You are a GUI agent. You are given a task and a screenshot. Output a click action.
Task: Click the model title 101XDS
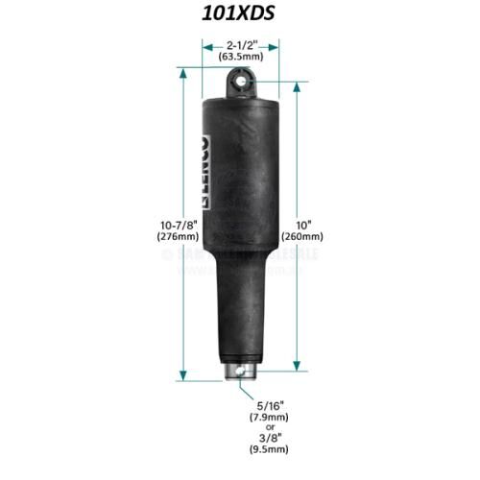[240, 15]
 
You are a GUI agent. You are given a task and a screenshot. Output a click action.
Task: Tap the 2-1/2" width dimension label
[240, 44]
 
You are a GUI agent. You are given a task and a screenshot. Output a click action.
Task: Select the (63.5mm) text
[240, 57]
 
